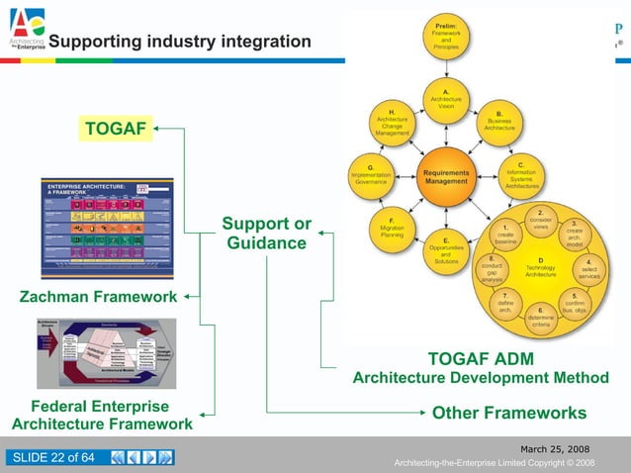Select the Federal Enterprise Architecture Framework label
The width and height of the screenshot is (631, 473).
coord(101,416)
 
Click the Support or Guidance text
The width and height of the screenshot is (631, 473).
coord(266,234)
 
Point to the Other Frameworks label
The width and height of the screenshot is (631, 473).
coord(509,413)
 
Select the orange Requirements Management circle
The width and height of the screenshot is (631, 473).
coord(445,177)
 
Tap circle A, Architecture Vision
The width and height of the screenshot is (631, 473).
coord(446,99)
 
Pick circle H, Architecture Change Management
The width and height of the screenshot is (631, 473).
coord(393,123)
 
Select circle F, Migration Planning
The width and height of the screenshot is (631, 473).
coord(393,230)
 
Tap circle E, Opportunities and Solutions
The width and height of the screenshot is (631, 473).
coord(446,250)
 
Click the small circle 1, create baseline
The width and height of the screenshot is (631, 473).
coord(505,235)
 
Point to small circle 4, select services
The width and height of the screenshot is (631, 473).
coord(589,269)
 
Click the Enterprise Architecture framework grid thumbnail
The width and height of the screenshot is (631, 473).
coord(107,228)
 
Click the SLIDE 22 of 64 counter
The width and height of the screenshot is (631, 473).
coord(54,456)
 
